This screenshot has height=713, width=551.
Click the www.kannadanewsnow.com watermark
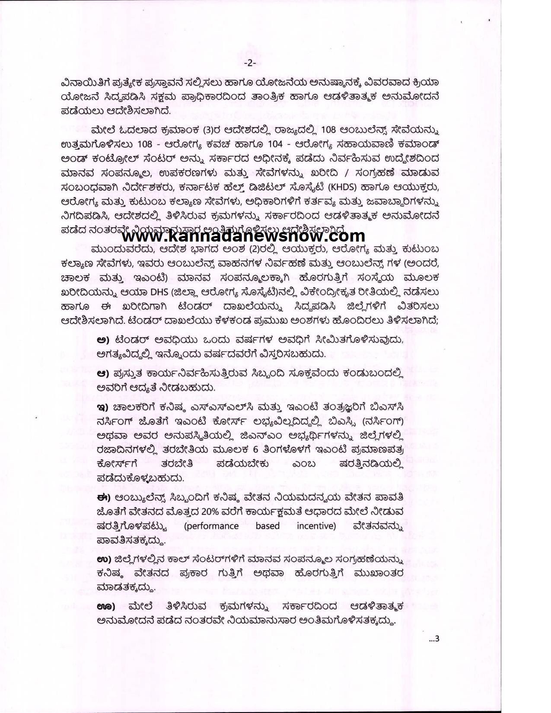[x=243, y=236]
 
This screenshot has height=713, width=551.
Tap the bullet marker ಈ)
[x=104, y=498]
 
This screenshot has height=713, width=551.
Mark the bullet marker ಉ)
[x=104, y=560]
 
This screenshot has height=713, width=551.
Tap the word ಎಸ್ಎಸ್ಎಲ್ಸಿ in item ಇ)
[x=205, y=406]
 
